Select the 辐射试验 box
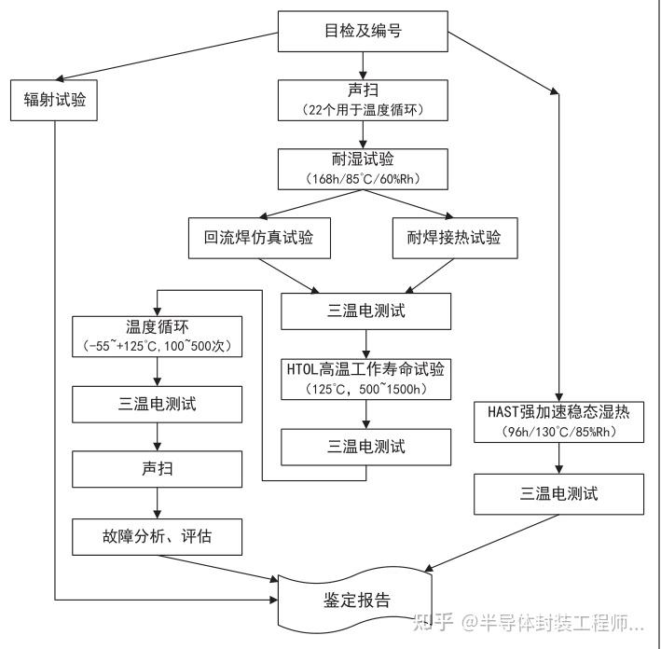point(55,99)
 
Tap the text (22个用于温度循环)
point(365,110)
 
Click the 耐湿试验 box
point(365,159)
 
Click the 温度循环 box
point(157,327)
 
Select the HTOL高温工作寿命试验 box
point(365,367)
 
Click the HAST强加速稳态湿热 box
point(558,412)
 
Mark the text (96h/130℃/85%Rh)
point(558,433)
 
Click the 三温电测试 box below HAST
point(558,493)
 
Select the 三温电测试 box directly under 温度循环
point(157,404)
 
